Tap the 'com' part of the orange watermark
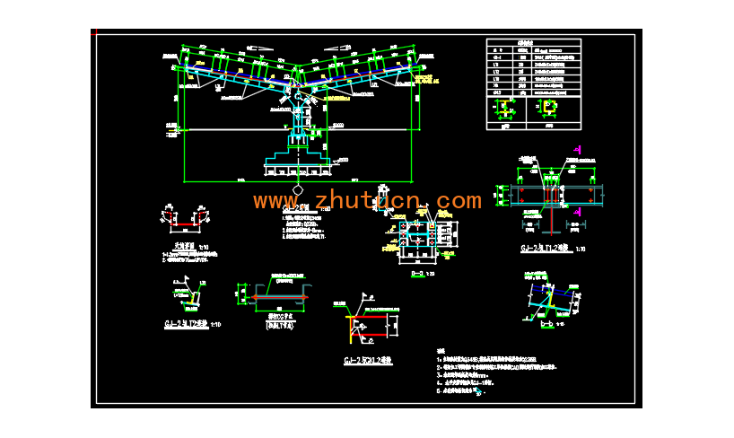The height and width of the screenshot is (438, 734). [x=459, y=200]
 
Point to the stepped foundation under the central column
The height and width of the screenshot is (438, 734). [x=297, y=160]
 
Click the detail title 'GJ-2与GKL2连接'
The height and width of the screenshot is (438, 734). [x=368, y=361]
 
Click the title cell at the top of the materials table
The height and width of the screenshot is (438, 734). [x=533, y=43]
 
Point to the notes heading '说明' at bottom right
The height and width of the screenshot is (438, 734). [x=440, y=351]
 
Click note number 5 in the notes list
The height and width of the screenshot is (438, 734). [x=438, y=391]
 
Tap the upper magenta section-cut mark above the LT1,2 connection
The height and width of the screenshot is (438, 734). [x=579, y=150]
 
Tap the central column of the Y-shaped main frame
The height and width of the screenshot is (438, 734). [x=297, y=112]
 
